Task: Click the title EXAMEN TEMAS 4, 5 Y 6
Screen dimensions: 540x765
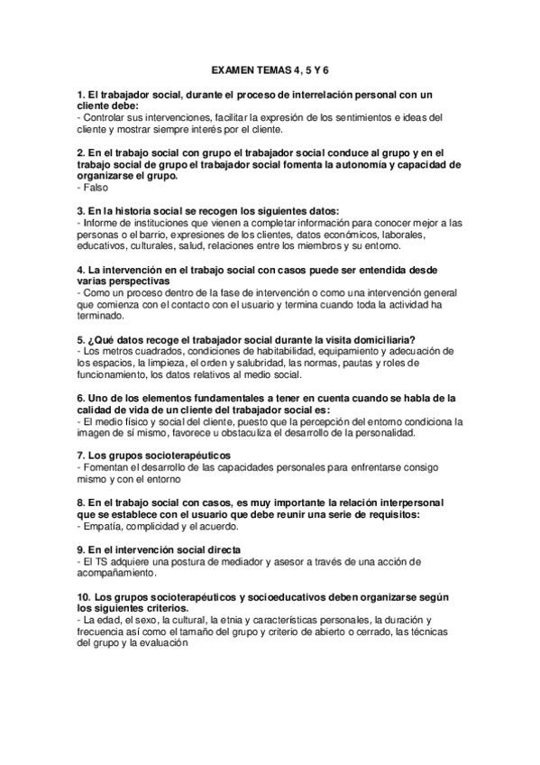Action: (270, 68)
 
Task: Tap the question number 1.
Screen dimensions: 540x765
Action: (81, 94)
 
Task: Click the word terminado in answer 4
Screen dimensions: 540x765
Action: (102, 316)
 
